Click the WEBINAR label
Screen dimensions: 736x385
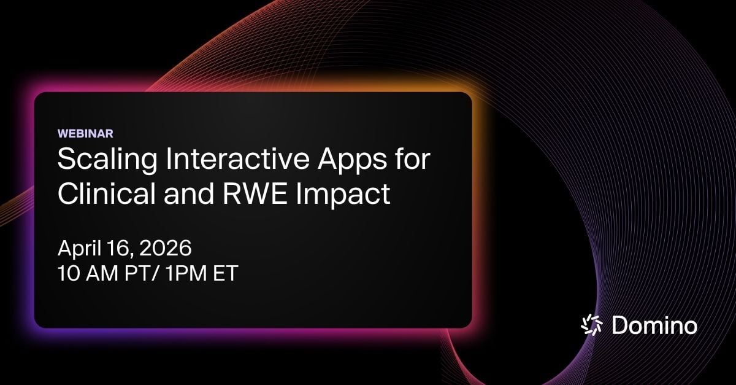[85, 133]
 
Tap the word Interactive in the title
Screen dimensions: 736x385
[237, 158]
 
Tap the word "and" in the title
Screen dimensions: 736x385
[189, 193]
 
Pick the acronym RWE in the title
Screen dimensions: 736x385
[255, 193]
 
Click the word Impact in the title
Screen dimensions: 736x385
[343, 195]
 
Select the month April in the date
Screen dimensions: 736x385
[79, 249]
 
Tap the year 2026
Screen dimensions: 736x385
[165, 248]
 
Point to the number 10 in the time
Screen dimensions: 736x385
[68, 273]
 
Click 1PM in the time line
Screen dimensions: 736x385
[185, 273]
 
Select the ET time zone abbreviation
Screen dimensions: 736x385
[226, 273]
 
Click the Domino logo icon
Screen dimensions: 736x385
[591, 325]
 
